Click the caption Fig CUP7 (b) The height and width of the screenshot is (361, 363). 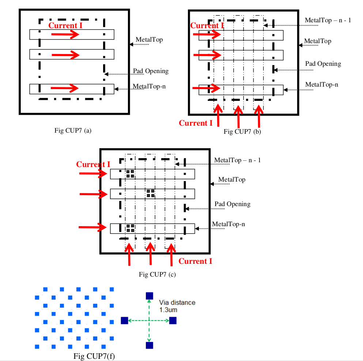(242, 132)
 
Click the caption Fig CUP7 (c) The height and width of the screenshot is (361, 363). (158, 274)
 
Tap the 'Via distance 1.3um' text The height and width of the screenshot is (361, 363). (177, 306)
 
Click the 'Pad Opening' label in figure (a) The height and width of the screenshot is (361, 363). (151, 71)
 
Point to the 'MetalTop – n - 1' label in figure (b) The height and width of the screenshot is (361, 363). (328, 20)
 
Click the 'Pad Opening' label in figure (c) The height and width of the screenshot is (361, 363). (232, 204)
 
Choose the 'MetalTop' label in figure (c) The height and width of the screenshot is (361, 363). (232, 179)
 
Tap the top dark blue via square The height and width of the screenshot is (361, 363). (149, 296)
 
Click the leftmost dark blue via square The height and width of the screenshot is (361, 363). (124, 320)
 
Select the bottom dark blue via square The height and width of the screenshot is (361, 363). (149, 345)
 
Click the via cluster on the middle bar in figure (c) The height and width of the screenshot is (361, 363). (150, 193)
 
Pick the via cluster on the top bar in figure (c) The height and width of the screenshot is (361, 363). (130, 174)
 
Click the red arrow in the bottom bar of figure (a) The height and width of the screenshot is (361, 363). (65, 88)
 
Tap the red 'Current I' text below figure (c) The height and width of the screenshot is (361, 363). (195, 261)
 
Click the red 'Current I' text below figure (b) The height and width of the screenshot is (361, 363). (196, 123)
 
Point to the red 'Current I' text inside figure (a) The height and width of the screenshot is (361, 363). (65, 25)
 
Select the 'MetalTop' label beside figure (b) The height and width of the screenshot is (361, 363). (318, 41)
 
